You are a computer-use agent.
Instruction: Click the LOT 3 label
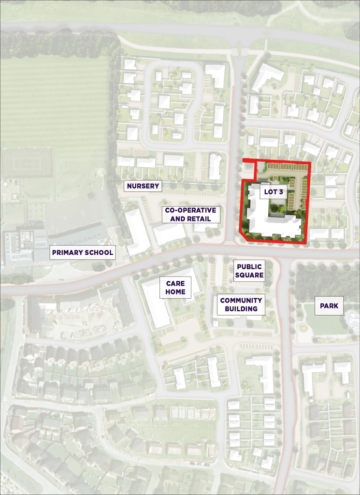[274, 191]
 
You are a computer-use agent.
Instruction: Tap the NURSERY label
[143, 186]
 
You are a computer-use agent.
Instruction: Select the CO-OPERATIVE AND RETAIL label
[191, 215]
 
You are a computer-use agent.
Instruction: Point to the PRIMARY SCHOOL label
[83, 252]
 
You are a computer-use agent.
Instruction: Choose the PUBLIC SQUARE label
[249, 271]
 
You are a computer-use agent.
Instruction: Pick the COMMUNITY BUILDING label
[241, 305]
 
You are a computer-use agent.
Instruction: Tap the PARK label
[329, 306]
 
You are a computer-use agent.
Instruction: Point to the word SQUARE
[249, 276]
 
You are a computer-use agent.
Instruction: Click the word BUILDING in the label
[241, 309]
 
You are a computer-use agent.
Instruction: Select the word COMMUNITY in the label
[241, 300]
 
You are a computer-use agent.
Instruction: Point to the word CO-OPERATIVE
[191, 210]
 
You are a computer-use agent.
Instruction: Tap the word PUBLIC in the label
[249, 266]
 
